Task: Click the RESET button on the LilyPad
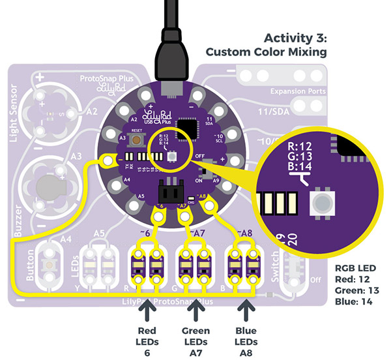point(137,140)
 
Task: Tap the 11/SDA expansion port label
point(274,112)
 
